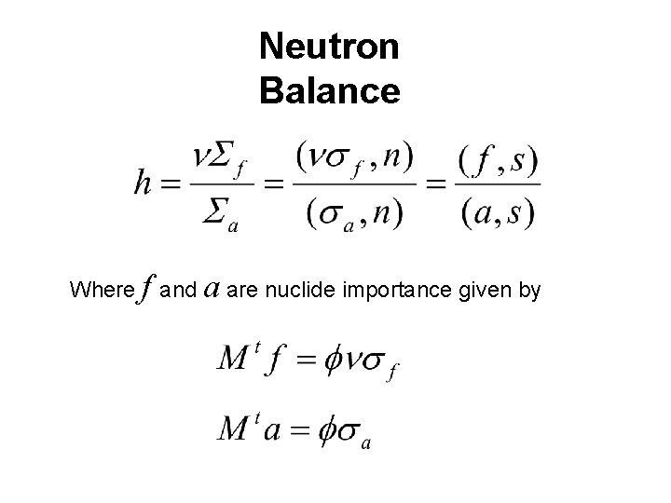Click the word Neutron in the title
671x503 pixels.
point(330,46)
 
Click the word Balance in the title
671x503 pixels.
point(330,90)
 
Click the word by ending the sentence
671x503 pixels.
point(528,291)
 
